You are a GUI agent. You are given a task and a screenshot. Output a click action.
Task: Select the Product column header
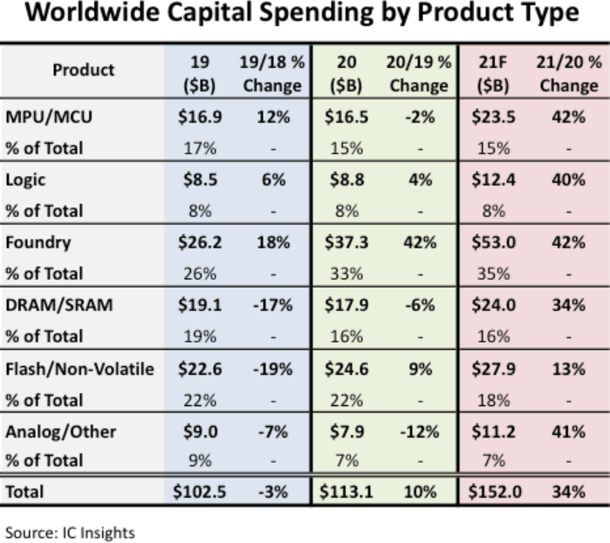[x=83, y=71]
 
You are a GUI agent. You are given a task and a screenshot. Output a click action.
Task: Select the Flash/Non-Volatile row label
[x=79, y=369]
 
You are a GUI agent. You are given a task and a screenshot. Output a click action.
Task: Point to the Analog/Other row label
[x=61, y=431]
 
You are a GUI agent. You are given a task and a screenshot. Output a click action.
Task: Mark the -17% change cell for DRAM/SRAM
[x=271, y=306]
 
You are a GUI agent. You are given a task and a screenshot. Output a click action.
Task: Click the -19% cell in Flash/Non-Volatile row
[x=271, y=369]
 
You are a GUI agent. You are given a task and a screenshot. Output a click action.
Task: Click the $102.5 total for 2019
[x=200, y=492]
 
